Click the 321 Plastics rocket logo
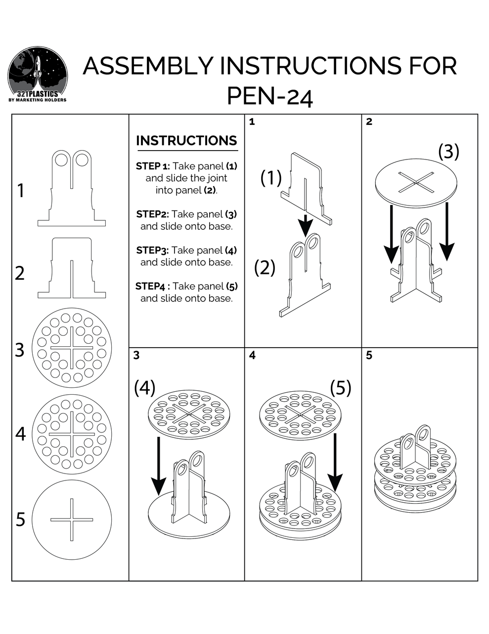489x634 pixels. tap(38, 74)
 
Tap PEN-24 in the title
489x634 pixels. tap(269, 97)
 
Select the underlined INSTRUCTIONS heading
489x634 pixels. tap(186, 141)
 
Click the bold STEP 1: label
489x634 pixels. tap(153, 166)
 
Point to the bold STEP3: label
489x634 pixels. tap(152, 250)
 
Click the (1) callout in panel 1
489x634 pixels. tap(271, 177)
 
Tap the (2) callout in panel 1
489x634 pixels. tap(265, 267)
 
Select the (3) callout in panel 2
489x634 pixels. tap(448, 152)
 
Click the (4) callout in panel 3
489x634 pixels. tap(144, 387)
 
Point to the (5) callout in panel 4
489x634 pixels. tap(341, 387)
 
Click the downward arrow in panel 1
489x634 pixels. tap(306, 225)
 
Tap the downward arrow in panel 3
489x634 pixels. tap(158, 466)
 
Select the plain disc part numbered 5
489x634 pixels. tap(72, 520)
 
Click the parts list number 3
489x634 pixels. tap(19, 350)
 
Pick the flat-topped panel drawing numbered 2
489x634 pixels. tap(72, 268)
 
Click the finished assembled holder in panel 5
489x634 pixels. tap(415, 471)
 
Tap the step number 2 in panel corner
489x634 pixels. tap(369, 121)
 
